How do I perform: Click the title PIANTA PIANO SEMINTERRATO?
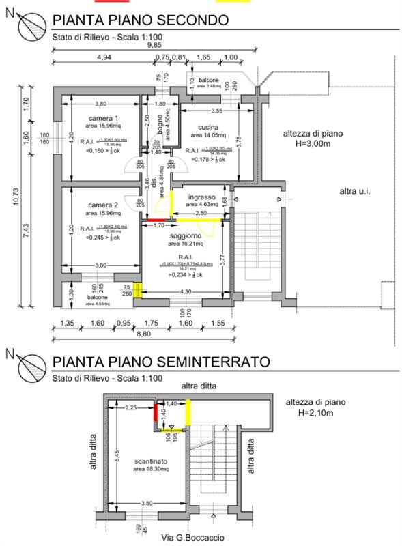[162, 361]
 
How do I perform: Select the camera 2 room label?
[103, 205]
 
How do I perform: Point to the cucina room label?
[208, 128]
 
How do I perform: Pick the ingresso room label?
[202, 195]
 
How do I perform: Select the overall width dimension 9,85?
[156, 46]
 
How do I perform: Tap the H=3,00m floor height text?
[307, 144]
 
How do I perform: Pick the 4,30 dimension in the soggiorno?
[186, 291]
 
